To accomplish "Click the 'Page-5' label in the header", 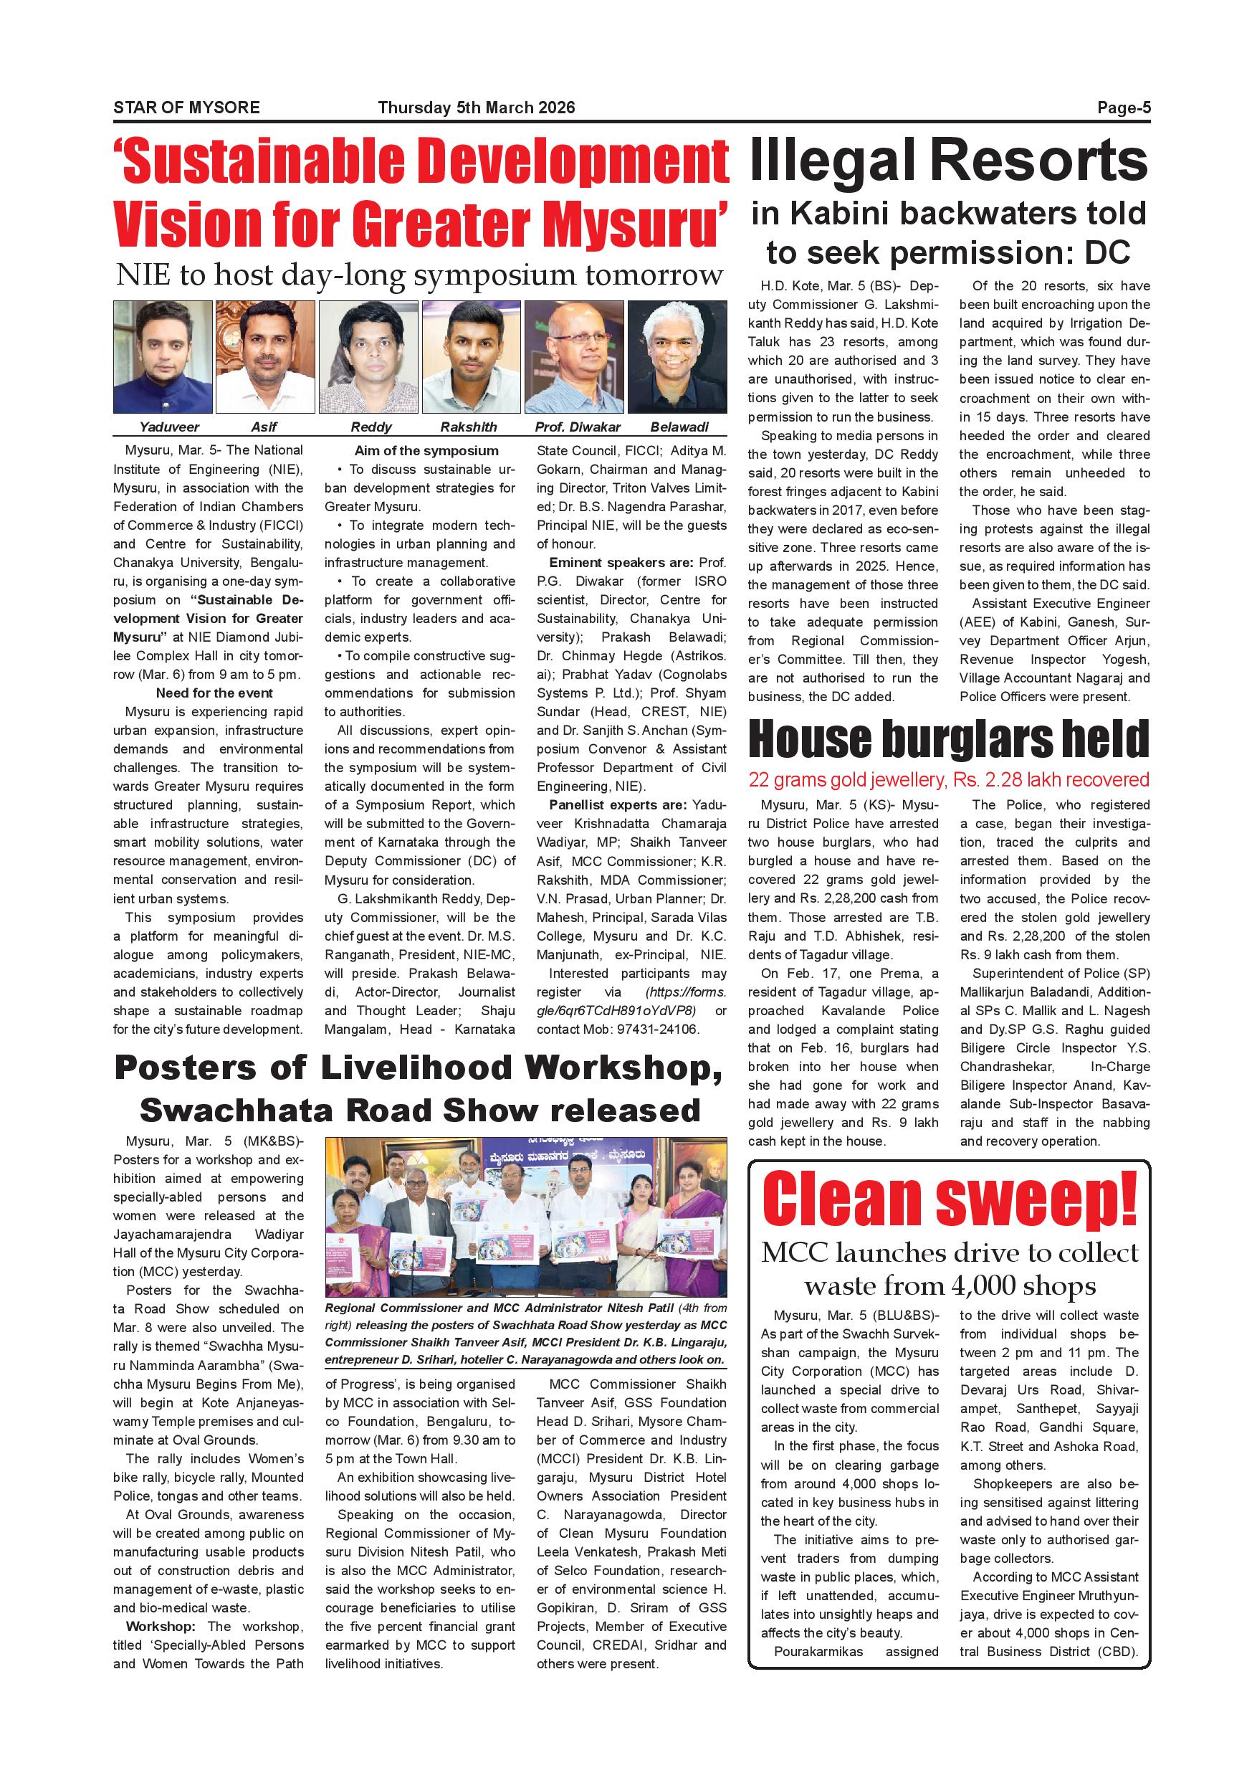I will [1123, 108].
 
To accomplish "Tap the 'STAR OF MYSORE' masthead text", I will [186, 108].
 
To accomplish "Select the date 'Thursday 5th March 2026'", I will [476, 108].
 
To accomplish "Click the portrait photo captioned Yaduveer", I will [163, 357].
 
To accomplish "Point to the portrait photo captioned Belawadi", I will [677, 357].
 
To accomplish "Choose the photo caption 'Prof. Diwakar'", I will [578, 427].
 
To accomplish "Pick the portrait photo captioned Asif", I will [264, 357].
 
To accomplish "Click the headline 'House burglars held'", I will [948, 740].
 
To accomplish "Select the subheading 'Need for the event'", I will [214, 693].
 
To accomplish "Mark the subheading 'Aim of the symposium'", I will [426, 451].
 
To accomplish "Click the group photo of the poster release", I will [525, 1217].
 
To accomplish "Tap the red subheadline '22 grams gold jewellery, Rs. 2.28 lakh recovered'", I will [948, 780].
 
